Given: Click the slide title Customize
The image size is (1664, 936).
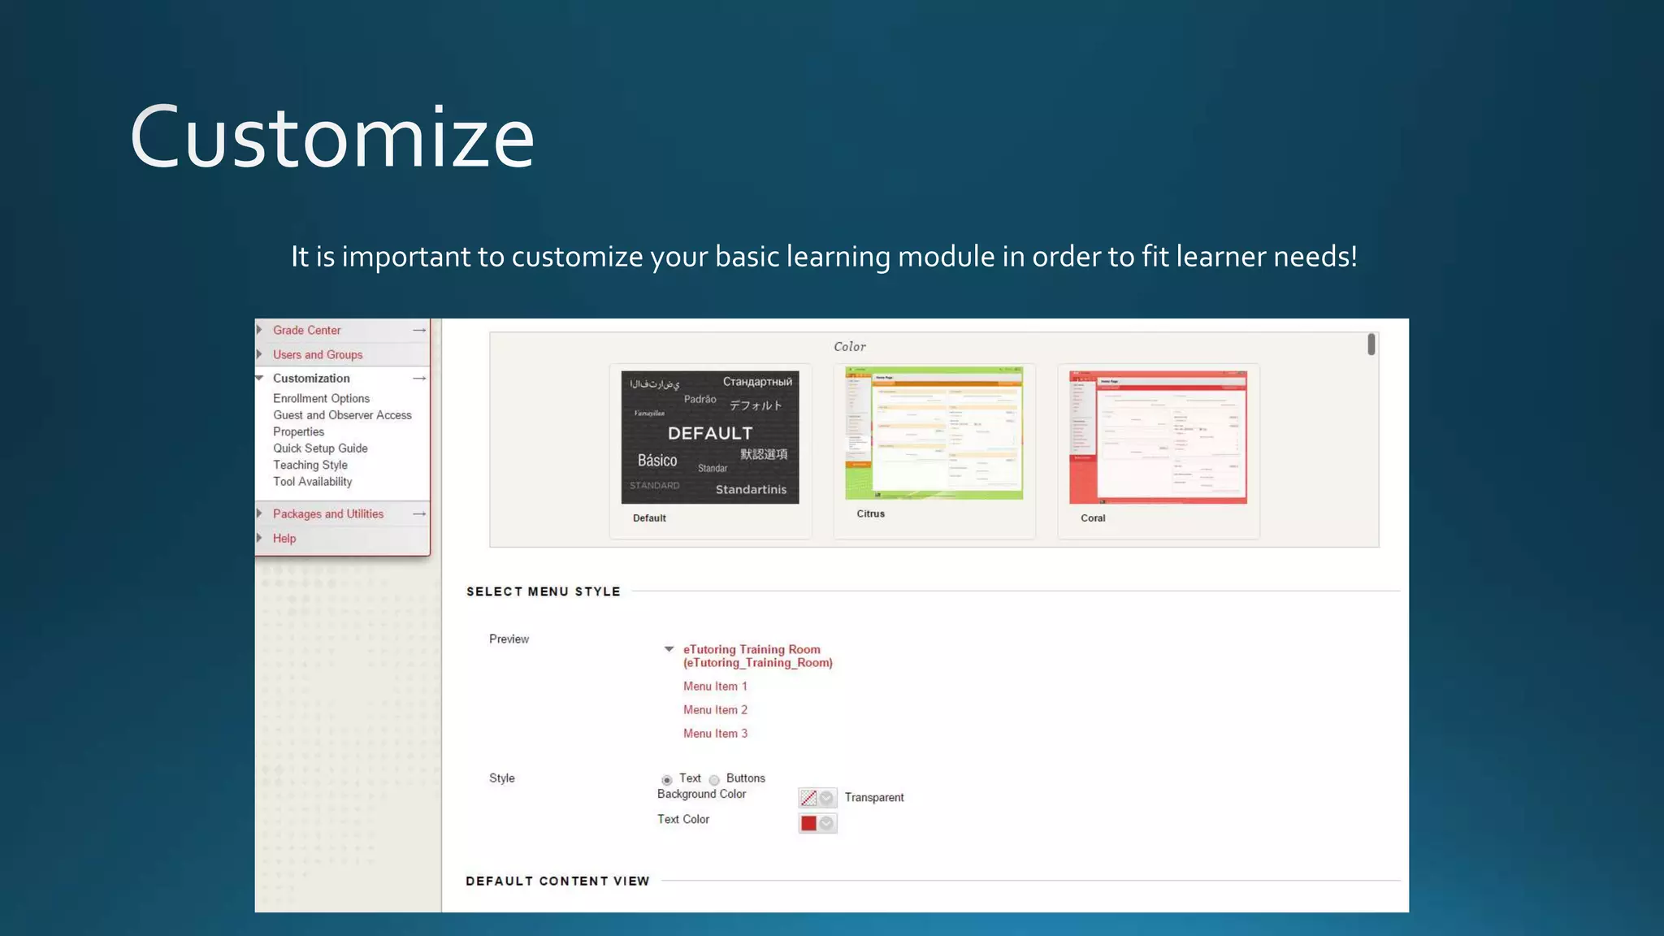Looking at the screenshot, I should tap(331, 137).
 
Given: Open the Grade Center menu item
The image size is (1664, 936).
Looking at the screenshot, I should tap(306, 331).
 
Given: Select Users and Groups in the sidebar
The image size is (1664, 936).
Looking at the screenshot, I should tap(318, 355).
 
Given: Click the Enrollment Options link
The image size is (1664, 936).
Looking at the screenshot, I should tap(321, 399).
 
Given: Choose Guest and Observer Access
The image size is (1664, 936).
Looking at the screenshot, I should tap(342, 415).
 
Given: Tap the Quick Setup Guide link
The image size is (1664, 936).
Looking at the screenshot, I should tap(320, 448).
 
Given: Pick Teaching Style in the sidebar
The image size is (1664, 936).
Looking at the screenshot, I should tap(310, 466).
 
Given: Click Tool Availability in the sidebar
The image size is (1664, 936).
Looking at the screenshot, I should tap(312, 482).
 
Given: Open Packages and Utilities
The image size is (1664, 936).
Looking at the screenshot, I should tap(327, 514).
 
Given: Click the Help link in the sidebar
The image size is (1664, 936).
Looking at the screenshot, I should tap(284, 539).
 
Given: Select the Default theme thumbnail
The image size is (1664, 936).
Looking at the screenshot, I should tap(710, 437).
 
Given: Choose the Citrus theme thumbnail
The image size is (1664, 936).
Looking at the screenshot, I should tap(934, 433).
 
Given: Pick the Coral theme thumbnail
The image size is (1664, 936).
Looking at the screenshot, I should tap(1158, 437).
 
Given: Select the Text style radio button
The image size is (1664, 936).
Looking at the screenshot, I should tap(667, 780).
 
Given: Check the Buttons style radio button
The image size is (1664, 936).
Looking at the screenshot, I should tap(714, 780).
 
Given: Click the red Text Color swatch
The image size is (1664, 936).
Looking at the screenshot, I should tap(808, 823).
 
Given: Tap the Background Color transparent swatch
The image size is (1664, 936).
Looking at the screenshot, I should tap(808, 798).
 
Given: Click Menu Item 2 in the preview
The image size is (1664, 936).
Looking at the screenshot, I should tap(715, 710).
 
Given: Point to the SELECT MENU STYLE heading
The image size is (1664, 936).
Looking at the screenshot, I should tap(543, 591).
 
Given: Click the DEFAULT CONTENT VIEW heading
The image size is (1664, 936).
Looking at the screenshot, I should tap(557, 881).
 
